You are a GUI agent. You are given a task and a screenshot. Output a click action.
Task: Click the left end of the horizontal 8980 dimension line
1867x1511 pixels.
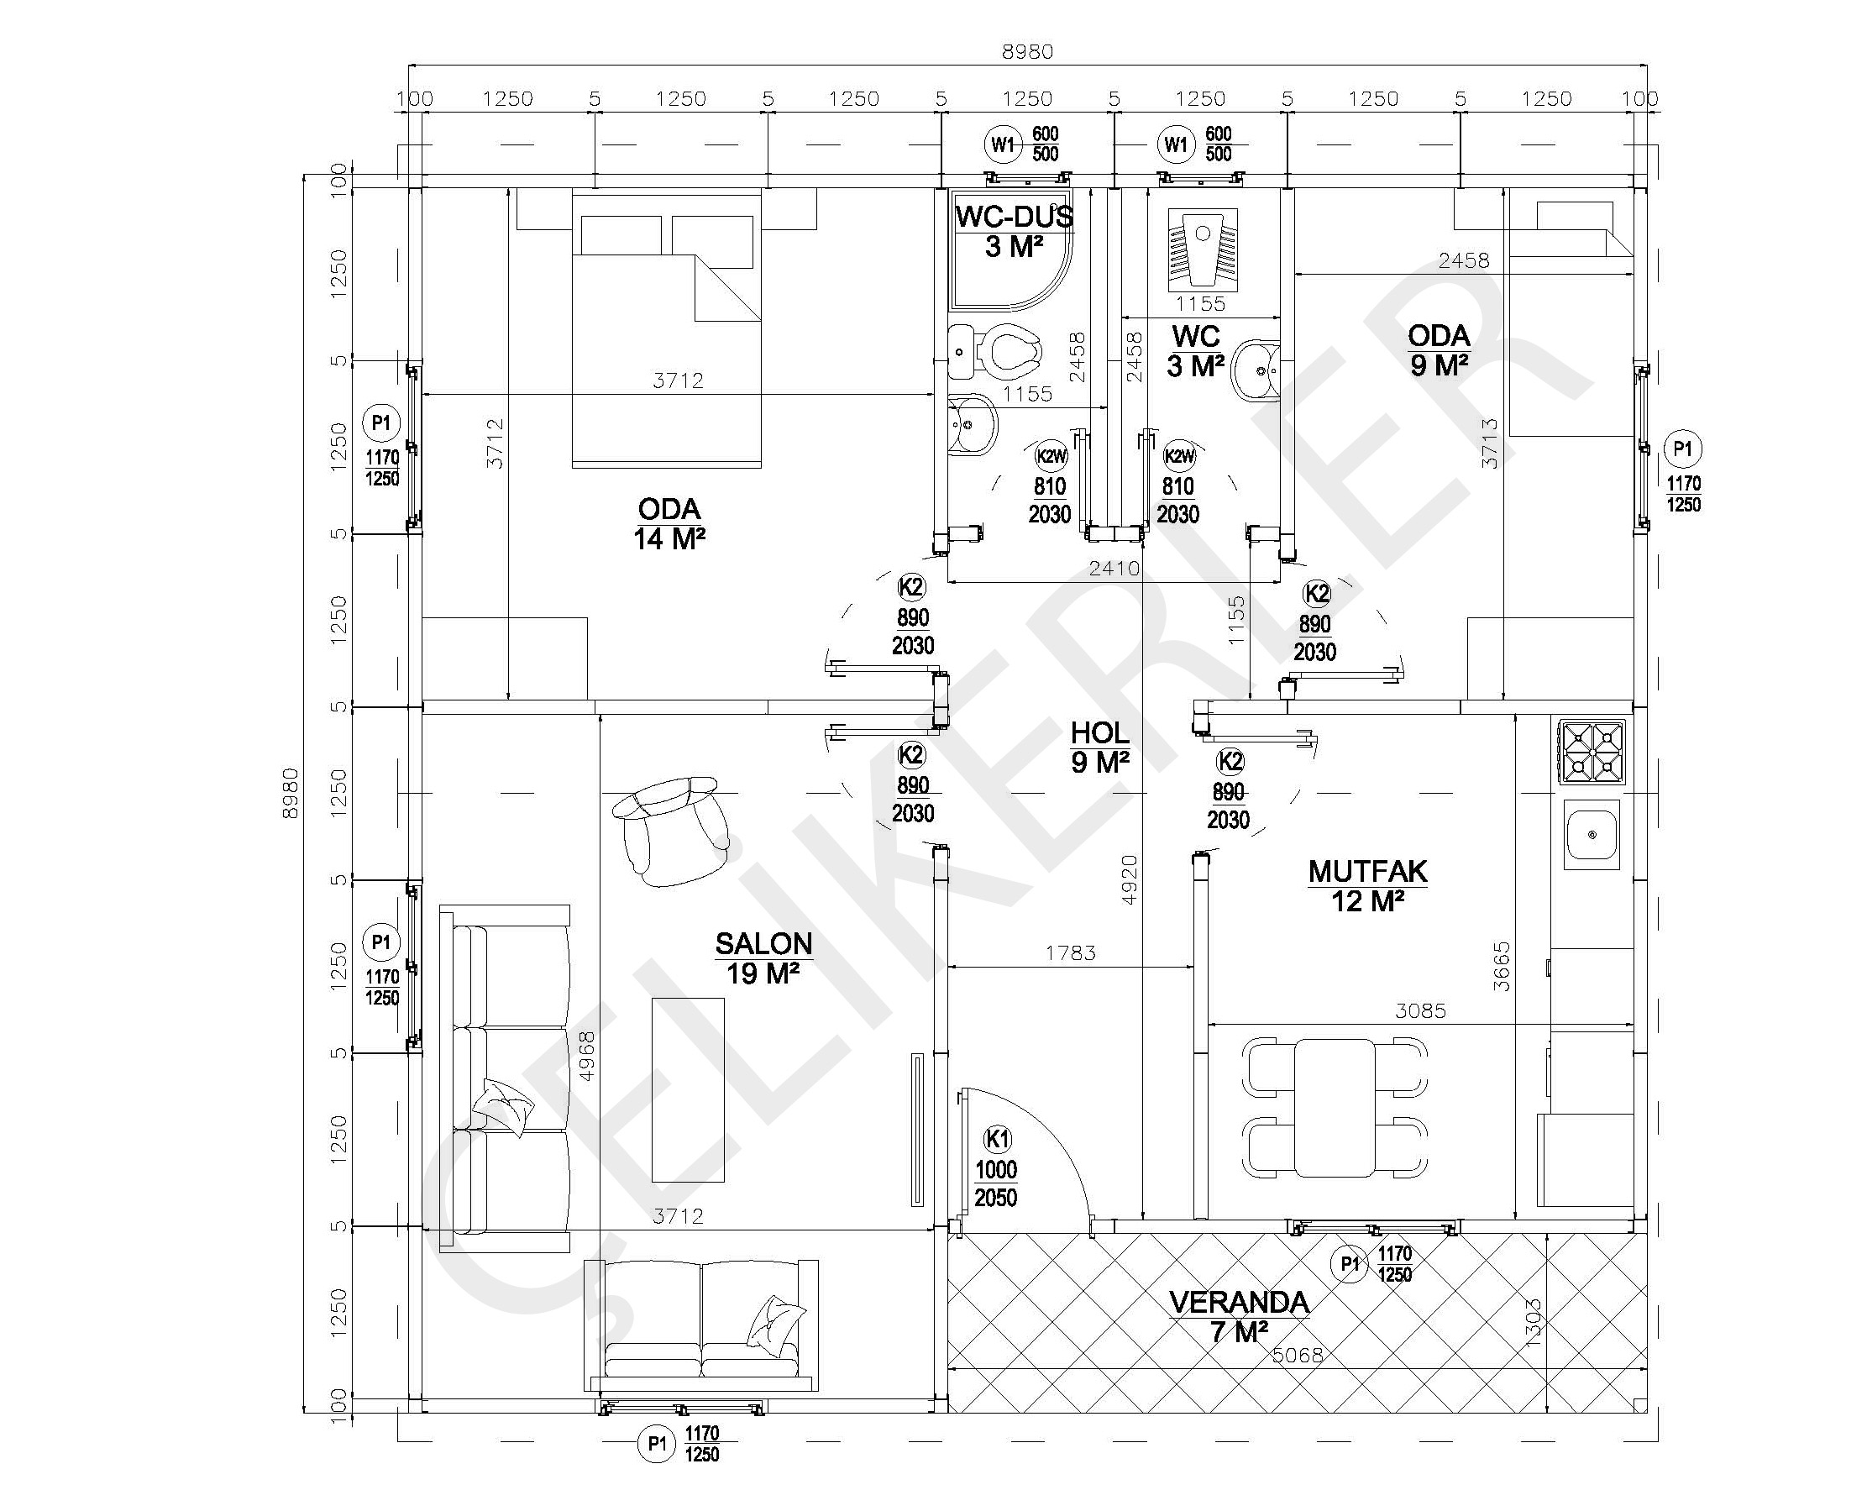pos(409,66)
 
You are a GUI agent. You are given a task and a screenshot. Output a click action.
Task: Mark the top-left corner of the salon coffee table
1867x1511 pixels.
pos(653,998)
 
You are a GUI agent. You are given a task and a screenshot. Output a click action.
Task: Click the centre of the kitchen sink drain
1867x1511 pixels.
pos(1592,835)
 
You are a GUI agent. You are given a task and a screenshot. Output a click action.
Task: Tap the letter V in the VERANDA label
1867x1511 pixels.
pos(1178,1302)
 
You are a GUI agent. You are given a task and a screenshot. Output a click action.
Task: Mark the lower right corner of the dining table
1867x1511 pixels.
pos(1375,1175)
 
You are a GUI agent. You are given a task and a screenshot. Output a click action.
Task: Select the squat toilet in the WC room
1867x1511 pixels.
pos(1202,249)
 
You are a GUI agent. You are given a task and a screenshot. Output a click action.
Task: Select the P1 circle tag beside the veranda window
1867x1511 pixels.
pos(1349,1264)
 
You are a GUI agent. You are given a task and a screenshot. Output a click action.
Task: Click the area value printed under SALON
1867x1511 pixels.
pos(763,973)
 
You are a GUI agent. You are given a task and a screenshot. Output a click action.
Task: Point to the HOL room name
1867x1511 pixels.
pos(1100,732)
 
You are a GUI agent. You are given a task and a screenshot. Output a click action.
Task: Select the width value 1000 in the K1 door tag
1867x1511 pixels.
pos(996,1170)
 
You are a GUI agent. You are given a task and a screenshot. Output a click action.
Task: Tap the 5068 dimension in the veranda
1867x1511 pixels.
pos(1297,1356)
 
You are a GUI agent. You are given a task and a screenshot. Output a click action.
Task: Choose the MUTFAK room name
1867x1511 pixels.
pos(1367,870)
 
